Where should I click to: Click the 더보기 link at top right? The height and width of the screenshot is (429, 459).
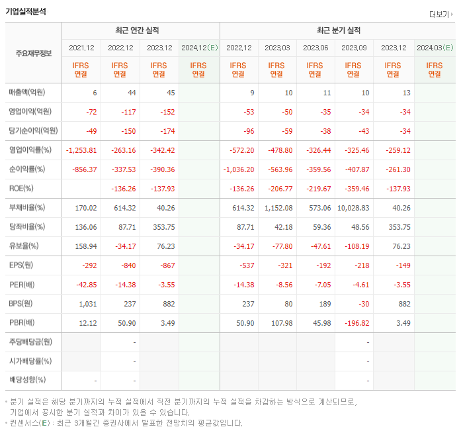point(440,14)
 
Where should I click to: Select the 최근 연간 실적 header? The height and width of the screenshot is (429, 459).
point(140,30)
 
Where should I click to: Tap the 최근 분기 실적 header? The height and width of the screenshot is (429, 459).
point(338,30)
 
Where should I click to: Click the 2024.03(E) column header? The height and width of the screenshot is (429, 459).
point(435,48)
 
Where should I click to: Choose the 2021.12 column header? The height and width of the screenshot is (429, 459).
point(81,48)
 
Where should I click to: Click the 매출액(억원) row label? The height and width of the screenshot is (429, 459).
point(27,93)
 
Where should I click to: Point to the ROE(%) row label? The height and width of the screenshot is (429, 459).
point(22,189)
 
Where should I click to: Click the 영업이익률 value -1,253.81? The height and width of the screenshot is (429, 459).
point(82,150)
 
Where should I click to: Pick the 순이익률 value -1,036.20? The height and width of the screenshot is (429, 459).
point(238,169)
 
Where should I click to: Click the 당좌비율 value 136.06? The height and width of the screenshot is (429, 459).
point(86,227)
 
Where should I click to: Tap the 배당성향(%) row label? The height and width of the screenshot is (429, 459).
point(27,381)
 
